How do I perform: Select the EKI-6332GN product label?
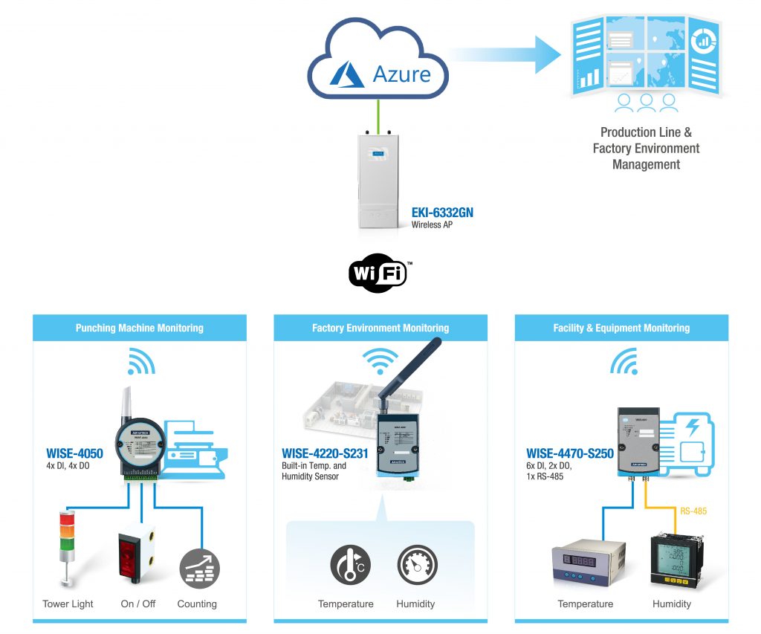442,213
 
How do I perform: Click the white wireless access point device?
378,180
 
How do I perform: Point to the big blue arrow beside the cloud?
505,54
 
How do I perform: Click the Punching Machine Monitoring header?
139,329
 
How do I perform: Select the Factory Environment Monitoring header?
380,329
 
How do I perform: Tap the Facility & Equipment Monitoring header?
621,329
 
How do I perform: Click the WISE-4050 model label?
75,453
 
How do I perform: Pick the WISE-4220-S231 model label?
325,453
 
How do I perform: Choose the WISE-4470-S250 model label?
570,453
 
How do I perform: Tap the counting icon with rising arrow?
199,569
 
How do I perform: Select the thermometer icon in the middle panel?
351,565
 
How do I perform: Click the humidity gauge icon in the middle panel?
417,565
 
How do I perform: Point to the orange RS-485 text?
693,511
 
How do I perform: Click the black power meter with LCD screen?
676,560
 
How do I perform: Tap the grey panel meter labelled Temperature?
589,563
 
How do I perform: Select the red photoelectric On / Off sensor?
137,553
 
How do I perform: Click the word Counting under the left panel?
197,604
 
